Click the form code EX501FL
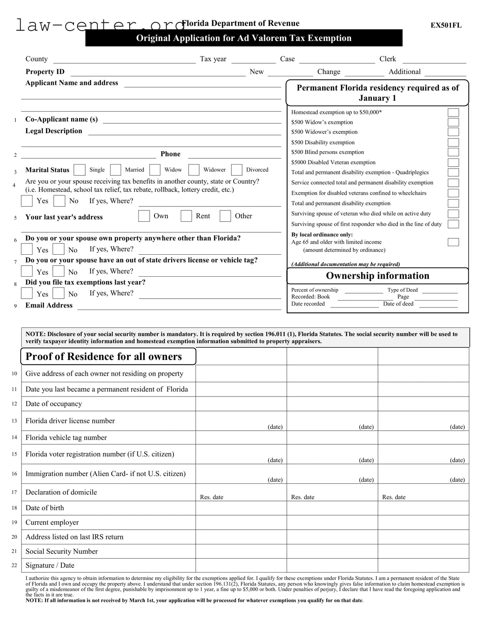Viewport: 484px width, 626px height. [x=446, y=25]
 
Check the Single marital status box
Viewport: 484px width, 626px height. [x=80, y=170]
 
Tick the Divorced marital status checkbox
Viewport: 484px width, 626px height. [x=237, y=170]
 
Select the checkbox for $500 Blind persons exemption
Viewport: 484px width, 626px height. [x=453, y=152]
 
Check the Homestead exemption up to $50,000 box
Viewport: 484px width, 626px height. [x=453, y=113]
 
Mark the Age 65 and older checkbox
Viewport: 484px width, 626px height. [x=453, y=242]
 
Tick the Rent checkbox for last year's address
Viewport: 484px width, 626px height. [x=186, y=216]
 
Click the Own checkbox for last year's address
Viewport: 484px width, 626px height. [x=144, y=216]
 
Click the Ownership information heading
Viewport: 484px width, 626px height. [x=378, y=276]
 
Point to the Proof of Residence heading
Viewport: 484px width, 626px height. [x=104, y=357]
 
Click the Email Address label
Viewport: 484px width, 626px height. [x=49, y=305]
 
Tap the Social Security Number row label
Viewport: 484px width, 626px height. [x=61, y=551]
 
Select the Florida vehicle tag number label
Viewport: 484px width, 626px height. [x=66, y=438]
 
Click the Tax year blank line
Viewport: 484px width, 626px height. [x=253, y=60]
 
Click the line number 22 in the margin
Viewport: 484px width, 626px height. [x=14, y=565]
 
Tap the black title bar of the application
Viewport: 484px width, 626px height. [x=244, y=38]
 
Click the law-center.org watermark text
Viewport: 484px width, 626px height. [x=100, y=25]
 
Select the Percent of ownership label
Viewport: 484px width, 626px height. [x=315, y=290]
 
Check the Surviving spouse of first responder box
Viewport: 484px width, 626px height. [x=453, y=224]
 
